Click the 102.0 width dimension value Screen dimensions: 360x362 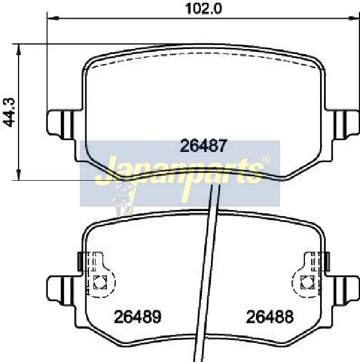204,9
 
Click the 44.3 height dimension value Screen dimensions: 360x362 9,113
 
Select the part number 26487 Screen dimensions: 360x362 204,146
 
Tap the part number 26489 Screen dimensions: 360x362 138,316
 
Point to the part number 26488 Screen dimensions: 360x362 270,316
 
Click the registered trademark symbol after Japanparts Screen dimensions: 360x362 266,159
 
